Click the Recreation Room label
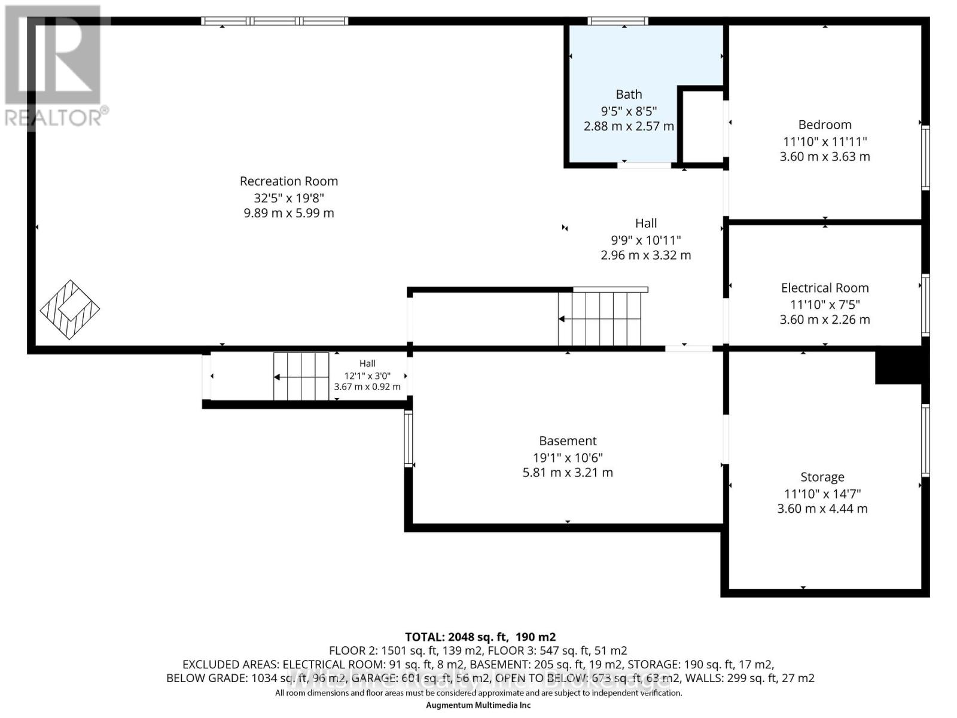pos(289,181)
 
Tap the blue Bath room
pos(622,66)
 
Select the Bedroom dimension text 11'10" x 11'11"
pos(825,142)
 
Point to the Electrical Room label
pos(825,288)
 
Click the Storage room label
pos(822,477)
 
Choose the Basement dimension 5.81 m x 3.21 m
pos(568,473)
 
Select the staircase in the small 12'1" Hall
pos(301,376)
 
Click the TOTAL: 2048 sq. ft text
pos(480,637)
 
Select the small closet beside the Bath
pos(703,126)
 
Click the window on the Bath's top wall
pos(617,22)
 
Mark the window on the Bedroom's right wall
pos(925,158)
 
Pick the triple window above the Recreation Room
pos(275,22)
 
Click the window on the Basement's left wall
pos(409,439)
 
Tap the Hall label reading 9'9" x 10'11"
pos(645,239)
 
